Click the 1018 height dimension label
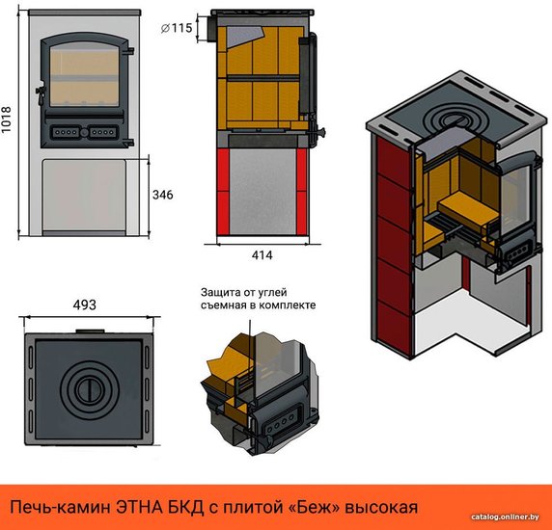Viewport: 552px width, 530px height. click(7, 119)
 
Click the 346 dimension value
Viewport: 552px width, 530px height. click(163, 195)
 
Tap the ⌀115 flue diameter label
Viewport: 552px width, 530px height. click(177, 28)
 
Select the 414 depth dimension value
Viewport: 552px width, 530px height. click(262, 255)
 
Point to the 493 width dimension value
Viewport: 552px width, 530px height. click(85, 305)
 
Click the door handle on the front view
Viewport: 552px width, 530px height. click(41, 93)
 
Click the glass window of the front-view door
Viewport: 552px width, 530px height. click(84, 74)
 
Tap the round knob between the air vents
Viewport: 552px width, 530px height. click(85, 133)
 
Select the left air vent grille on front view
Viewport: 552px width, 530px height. click(66, 133)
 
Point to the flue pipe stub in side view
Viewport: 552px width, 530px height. click(212, 28)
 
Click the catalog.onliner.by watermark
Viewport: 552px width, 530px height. click(505, 517)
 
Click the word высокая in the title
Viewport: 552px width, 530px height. click(381, 508)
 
